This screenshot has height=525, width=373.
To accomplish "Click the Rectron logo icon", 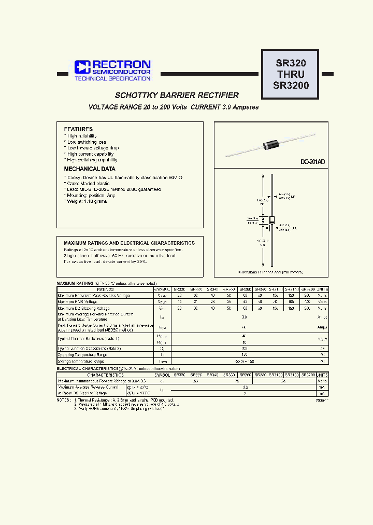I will [x=82, y=66].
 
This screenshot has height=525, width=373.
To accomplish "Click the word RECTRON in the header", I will [x=122, y=64].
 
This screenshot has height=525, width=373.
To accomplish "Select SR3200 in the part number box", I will [x=291, y=86].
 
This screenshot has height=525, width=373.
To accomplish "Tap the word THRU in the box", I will [x=291, y=75].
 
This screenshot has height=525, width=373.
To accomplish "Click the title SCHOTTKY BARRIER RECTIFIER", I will [x=177, y=95].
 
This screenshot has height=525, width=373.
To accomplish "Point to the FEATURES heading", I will [x=78, y=129].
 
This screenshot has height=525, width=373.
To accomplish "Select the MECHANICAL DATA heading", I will [x=90, y=169].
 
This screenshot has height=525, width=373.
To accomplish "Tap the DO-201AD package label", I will [x=312, y=162].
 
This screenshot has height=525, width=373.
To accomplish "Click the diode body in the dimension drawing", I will [x=271, y=220].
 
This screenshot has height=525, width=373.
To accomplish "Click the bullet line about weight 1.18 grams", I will [x=86, y=201].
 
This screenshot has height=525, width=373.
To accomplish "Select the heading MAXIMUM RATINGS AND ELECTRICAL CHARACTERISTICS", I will [x=129, y=243].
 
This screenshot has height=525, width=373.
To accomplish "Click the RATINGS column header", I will [x=105, y=289].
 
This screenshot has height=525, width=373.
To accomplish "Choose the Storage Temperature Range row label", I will [x=83, y=361].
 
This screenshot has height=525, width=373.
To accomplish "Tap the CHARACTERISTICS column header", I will [x=105, y=375].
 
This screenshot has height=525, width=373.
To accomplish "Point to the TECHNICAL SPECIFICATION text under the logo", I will [x=112, y=78].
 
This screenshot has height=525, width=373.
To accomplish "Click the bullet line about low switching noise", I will [x=87, y=142].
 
